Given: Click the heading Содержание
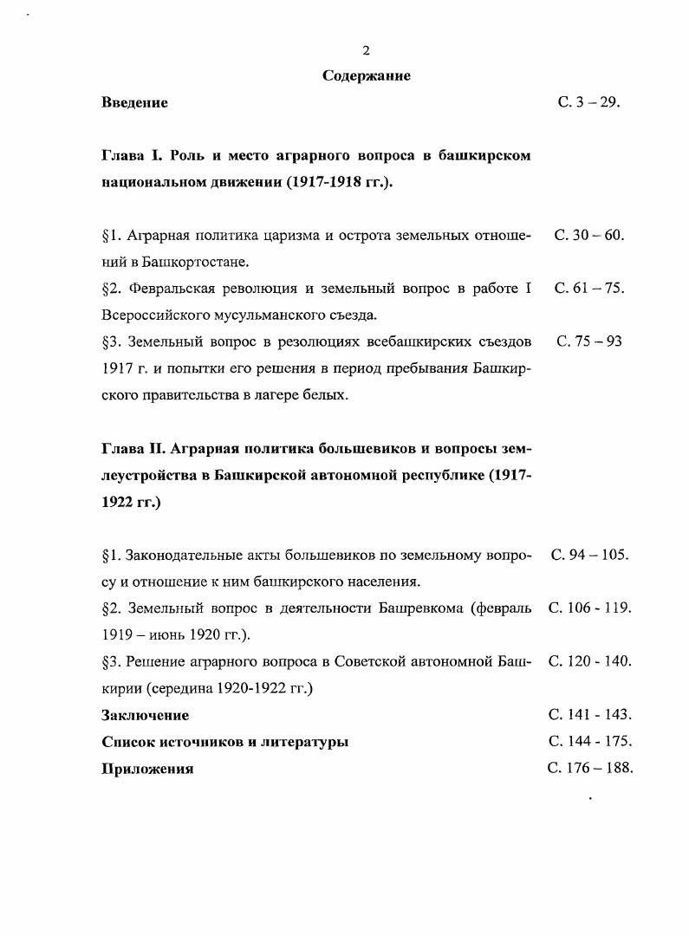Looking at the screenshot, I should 366,76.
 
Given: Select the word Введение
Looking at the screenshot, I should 134,103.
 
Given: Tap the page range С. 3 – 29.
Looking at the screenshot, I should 589,103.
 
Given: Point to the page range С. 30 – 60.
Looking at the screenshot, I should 589,235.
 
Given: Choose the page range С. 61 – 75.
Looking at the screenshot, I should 589,289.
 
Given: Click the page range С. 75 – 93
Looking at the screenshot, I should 589,341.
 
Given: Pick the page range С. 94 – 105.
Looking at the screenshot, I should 589,554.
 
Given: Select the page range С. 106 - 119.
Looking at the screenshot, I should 589,608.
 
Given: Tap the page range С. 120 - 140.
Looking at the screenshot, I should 589,661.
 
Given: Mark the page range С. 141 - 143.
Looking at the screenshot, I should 589,715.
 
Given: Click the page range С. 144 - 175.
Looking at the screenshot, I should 589,742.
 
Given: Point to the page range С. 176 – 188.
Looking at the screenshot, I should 590,768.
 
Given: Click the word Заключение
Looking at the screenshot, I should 145,716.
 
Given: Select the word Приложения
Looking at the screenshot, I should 147,770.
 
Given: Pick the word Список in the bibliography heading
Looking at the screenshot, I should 128,743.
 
